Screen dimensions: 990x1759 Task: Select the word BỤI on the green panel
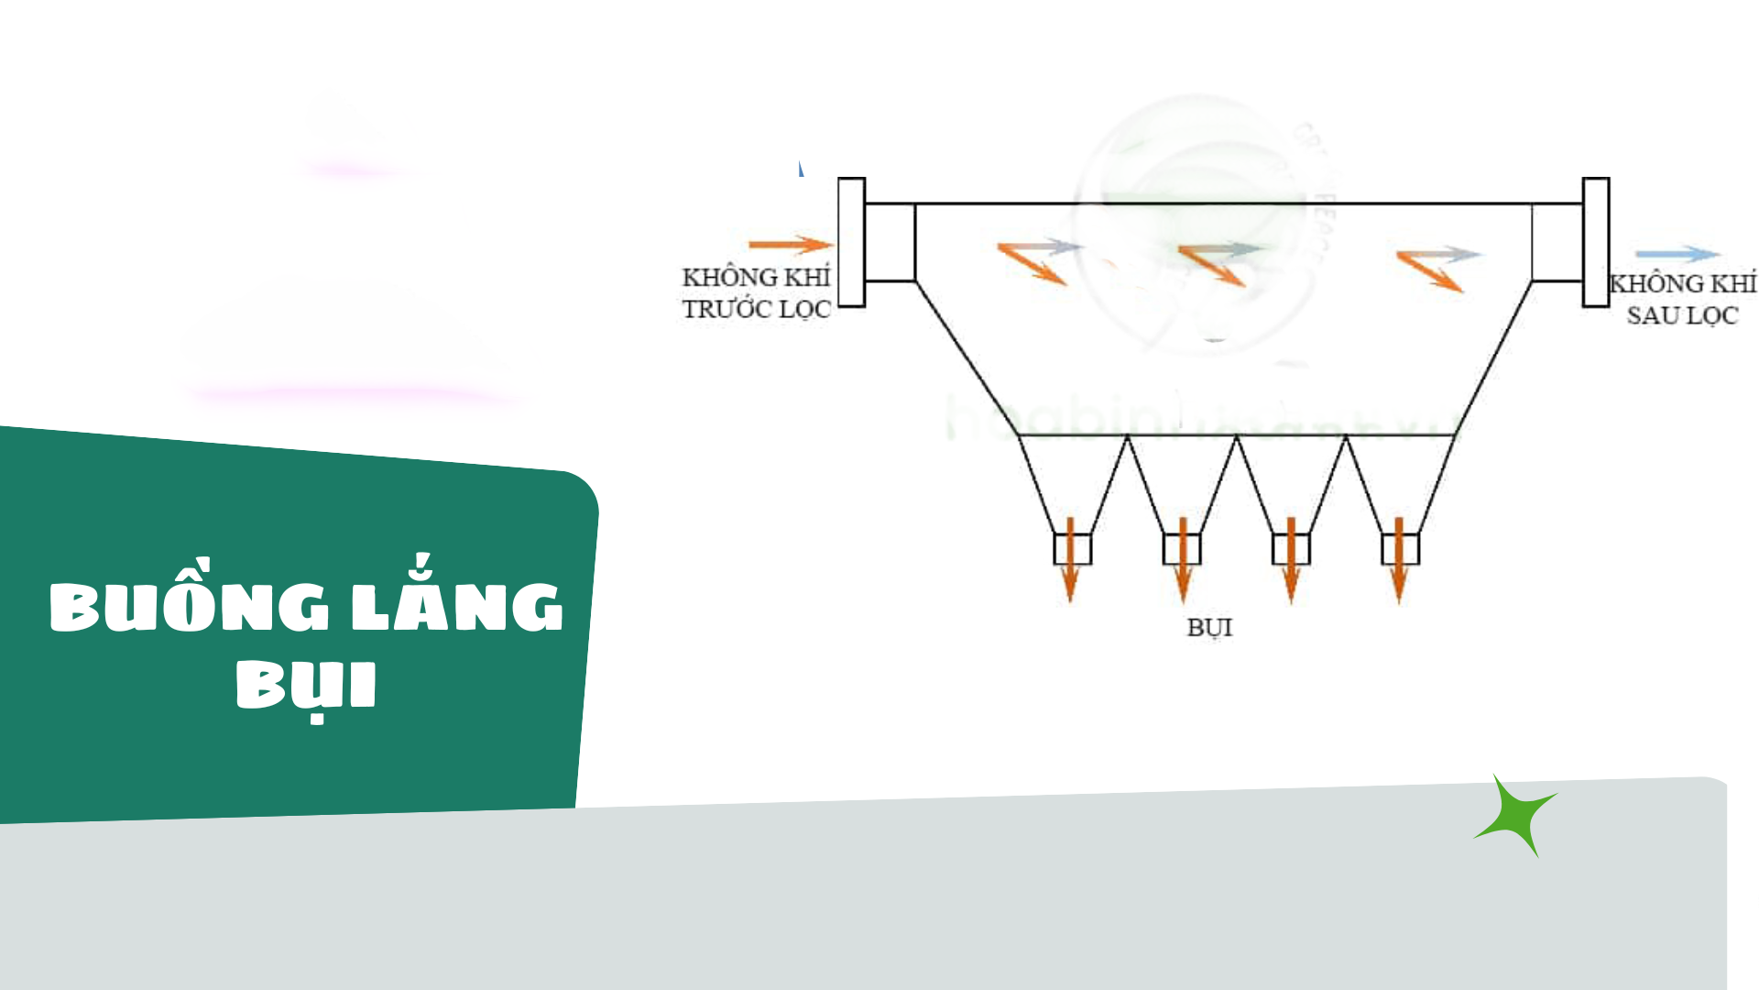(306, 685)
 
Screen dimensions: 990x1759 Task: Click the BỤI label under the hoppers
(1209, 628)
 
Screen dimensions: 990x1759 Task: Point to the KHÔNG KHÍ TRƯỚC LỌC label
(756, 293)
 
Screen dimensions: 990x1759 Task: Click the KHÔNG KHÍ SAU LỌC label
(1682, 299)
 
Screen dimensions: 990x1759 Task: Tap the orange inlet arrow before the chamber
(790, 244)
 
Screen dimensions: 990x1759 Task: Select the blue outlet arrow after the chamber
(1677, 254)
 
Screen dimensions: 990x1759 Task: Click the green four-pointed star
(1517, 815)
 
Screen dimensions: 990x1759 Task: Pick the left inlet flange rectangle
(851, 242)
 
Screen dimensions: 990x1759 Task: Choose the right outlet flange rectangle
(1595, 242)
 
